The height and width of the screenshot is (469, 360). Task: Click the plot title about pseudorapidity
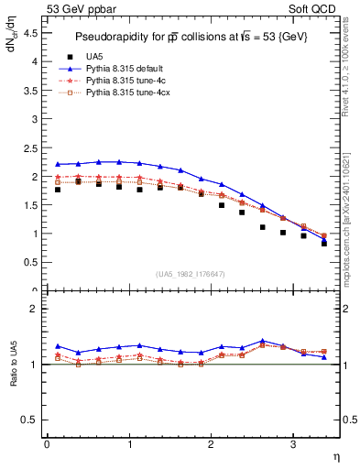coord(191,36)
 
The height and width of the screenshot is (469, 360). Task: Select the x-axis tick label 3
coord(293,444)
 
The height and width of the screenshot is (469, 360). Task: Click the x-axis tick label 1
coord(129,444)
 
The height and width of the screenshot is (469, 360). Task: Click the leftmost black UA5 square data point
coord(58,189)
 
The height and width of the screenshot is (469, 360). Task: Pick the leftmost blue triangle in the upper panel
coord(58,164)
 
